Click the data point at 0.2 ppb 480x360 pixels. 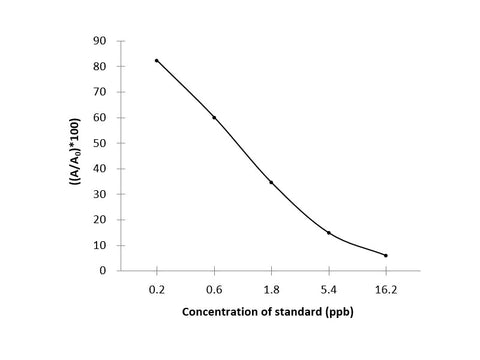(157, 60)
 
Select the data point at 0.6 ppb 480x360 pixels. (214, 117)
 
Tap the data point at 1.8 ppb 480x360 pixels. (271, 182)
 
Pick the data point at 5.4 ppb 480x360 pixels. (328, 232)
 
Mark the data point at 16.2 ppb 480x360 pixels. (385, 255)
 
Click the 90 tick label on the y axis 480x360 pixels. (100, 41)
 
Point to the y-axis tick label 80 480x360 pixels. (100, 66)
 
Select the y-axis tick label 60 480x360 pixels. (100, 117)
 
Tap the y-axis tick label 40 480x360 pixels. (100, 168)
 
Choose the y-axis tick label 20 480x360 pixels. (100, 219)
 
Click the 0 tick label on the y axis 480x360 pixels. (103, 270)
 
